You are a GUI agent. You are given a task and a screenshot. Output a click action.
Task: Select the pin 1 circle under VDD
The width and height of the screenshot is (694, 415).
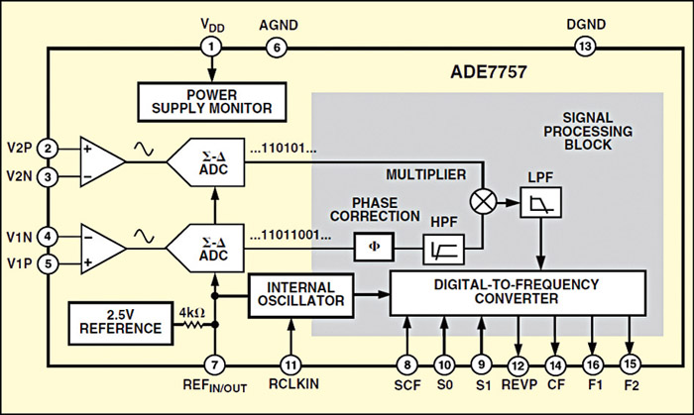click(x=210, y=46)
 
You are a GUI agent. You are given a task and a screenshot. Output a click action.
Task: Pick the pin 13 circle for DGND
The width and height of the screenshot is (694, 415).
click(x=585, y=46)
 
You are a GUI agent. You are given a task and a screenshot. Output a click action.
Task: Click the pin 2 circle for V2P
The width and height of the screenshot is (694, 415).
click(x=47, y=149)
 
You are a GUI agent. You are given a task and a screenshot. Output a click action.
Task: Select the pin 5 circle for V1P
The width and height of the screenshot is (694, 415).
click(x=47, y=263)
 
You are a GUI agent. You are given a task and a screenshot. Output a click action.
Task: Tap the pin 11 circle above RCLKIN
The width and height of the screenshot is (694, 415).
click(x=289, y=363)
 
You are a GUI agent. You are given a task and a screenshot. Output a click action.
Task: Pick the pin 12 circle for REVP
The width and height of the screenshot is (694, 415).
click(x=516, y=363)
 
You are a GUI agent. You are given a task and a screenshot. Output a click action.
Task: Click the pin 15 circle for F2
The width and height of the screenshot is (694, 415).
click(x=630, y=363)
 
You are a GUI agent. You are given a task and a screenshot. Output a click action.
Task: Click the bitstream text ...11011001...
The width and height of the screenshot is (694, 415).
click(x=303, y=237)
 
